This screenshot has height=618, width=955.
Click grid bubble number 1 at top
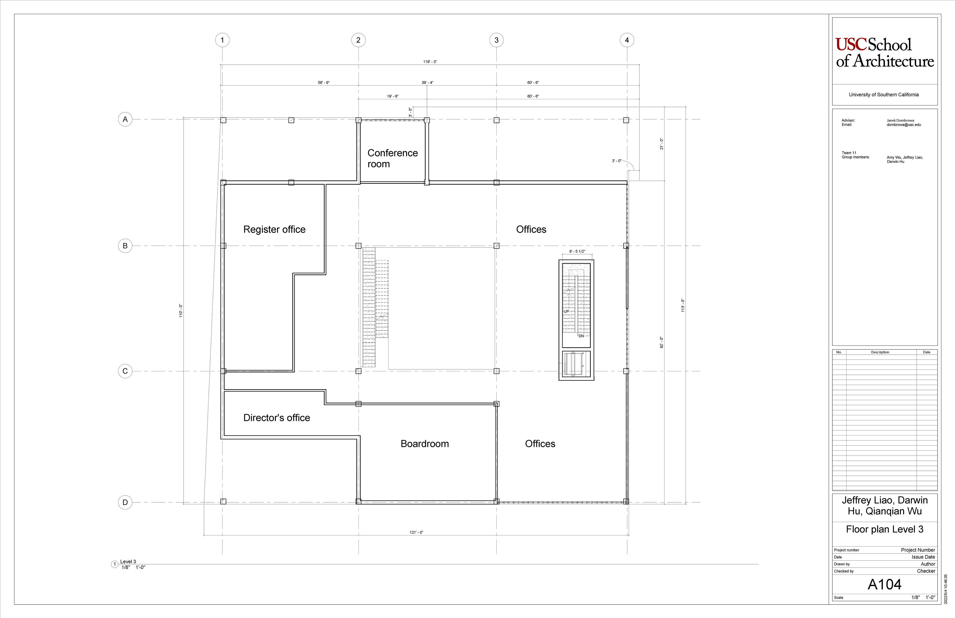point(222,40)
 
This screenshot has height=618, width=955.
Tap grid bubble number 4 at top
point(627,40)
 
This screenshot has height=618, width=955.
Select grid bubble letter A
point(125,119)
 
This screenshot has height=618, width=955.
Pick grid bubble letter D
point(125,502)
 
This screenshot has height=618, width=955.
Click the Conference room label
point(392,158)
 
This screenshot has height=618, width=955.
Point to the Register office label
point(275,230)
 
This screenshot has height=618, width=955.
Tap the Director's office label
point(277,418)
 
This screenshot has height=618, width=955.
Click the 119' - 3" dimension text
point(430,62)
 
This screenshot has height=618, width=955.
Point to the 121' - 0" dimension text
point(416,532)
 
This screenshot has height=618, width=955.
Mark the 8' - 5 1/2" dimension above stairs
point(577,252)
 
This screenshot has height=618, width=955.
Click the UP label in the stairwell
point(566,311)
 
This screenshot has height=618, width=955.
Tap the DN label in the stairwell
point(581,336)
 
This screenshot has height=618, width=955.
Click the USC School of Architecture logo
point(884,53)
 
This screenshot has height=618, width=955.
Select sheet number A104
point(884,585)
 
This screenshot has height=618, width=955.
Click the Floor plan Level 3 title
point(884,529)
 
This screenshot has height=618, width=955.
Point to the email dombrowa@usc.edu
point(904,125)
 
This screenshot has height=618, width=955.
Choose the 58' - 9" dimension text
point(324,83)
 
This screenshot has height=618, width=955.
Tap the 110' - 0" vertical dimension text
point(181,311)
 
